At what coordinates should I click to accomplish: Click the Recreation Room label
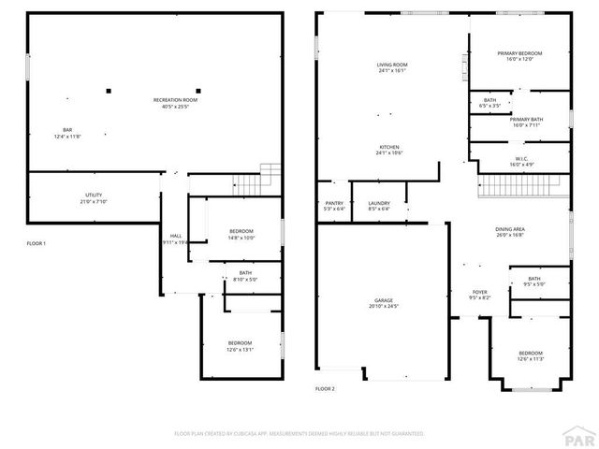point(176,103)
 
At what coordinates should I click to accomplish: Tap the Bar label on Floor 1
point(67,133)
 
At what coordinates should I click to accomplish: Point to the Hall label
point(175,239)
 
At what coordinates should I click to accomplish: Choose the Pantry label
point(334,206)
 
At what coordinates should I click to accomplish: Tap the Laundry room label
point(378,206)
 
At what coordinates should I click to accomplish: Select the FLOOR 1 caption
point(37,243)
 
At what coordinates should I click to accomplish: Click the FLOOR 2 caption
point(325,387)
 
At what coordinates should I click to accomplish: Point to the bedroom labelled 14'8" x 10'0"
point(241,235)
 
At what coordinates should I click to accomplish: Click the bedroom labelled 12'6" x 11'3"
point(531,355)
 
